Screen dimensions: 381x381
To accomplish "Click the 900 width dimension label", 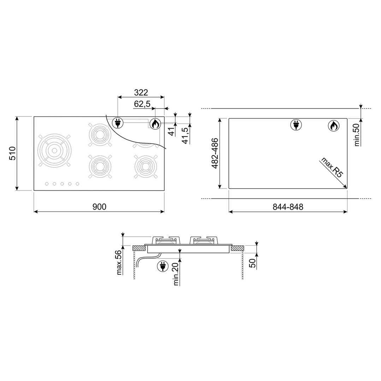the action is pyautogui.click(x=99, y=207).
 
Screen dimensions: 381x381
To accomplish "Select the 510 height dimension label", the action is pyautogui.click(x=12, y=153).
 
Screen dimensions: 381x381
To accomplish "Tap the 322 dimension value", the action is pyautogui.click(x=141, y=92).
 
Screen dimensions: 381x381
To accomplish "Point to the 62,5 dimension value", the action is pyautogui.click(x=142, y=104).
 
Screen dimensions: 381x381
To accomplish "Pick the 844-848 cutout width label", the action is pyautogui.click(x=288, y=207).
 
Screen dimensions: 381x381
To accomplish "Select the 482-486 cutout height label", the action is pyautogui.click(x=215, y=153).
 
